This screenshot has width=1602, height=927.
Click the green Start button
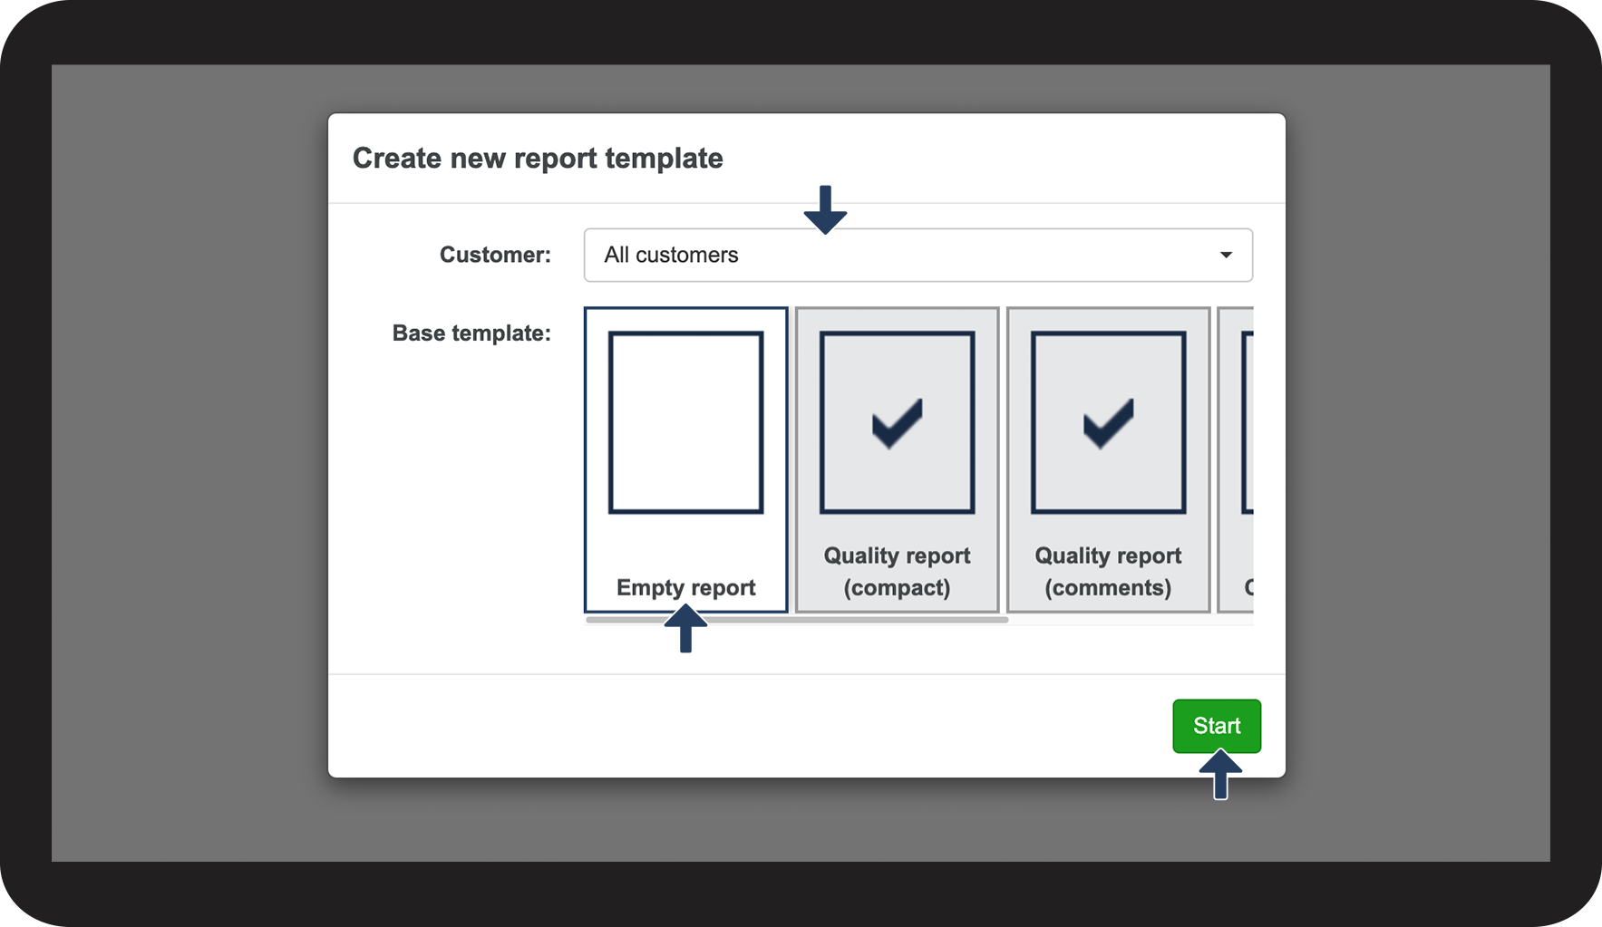tap(1217, 726)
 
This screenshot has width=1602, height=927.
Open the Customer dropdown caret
tap(1226, 255)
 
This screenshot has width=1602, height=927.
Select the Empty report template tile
tap(686, 459)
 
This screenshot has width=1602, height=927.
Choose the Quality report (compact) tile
tap(898, 459)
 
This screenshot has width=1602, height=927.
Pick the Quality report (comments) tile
tap(1109, 459)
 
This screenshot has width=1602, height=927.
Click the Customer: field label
tap(495, 255)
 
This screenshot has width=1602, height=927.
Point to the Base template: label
tap(471, 333)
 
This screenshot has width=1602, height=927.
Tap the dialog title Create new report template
tap(538, 158)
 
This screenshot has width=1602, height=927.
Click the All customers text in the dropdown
tap(671, 255)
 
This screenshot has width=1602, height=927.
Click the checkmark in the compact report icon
tap(898, 423)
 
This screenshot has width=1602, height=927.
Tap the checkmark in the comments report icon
tap(1109, 423)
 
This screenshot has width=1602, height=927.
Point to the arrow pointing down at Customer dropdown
tap(825, 209)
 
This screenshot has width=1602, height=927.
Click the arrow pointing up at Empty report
tap(685, 628)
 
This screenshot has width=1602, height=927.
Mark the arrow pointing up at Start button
tap(1220, 775)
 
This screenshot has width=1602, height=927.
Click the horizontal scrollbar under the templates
tap(797, 620)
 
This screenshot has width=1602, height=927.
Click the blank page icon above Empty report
tap(686, 422)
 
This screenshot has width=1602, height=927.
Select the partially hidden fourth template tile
tap(1236, 459)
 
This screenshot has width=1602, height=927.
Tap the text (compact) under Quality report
tap(898, 588)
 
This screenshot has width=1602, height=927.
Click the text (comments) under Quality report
tap(1108, 588)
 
